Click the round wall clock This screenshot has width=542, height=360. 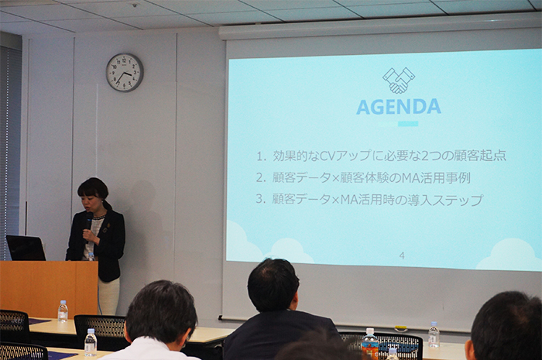pyautogui.click(x=125, y=73)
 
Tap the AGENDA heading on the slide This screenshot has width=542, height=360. pyautogui.click(x=399, y=107)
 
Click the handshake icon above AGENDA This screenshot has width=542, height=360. pyautogui.click(x=399, y=81)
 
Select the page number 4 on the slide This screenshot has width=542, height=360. pyautogui.click(x=402, y=256)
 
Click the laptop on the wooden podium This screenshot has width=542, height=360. pyautogui.click(x=26, y=248)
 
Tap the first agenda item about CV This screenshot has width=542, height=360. pyautogui.click(x=381, y=156)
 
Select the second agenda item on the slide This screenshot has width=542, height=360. pyautogui.click(x=363, y=178)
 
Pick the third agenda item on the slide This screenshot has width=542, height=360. pyautogui.click(x=369, y=200)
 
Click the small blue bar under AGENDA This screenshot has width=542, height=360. pyautogui.click(x=408, y=124)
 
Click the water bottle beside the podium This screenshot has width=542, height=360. pyautogui.click(x=63, y=311)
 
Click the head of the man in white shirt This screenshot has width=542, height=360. pyautogui.click(x=161, y=312)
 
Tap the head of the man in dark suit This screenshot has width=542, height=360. pyautogui.click(x=273, y=286)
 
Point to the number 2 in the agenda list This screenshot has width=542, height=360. pyautogui.click(x=259, y=178)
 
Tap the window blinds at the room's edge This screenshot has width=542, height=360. pyautogui.click(x=9, y=139)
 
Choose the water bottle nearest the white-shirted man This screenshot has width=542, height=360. pyautogui.click(x=91, y=342)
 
